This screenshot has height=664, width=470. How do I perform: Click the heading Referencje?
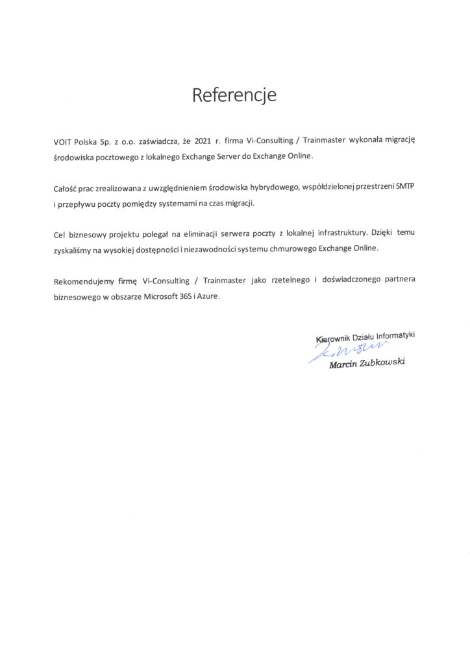[234, 95]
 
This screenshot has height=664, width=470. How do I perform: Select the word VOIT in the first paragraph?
[64, 141]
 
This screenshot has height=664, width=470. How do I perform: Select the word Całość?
[66, 188]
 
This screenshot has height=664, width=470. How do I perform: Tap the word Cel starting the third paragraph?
[60, 233]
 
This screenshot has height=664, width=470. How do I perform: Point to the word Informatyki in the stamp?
[391, 336]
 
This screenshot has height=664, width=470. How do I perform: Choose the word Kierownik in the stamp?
[333, 338]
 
